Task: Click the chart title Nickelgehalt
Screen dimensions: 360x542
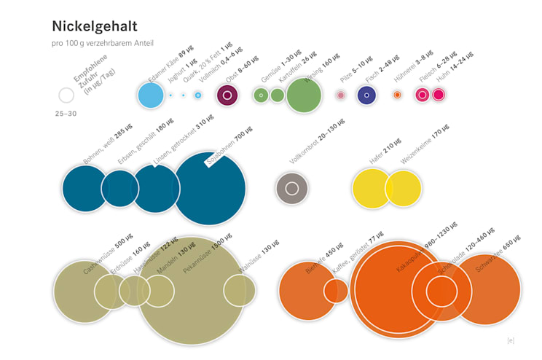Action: [x=95, y=26]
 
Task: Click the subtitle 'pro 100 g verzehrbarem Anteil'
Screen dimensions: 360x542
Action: [x=103, y=44]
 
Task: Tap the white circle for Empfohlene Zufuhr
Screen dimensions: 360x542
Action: [x=66, y=95]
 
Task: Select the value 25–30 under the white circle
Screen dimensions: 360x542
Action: [x=66, y=114]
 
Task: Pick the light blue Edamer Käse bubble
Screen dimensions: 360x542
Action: [x=151, y=95]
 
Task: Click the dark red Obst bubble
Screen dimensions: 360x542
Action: [x=228, y=95]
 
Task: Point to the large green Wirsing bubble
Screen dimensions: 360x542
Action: [x=304, y=95]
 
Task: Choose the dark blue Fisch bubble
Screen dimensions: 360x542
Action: [x=366, y=95]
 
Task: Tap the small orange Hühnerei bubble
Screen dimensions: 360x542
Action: [x=397, y=95]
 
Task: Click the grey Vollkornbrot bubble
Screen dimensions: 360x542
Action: [x=292, y=188]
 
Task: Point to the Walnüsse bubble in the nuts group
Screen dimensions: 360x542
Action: [x=240, y=290]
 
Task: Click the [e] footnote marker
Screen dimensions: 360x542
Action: [x=511, y=340]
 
